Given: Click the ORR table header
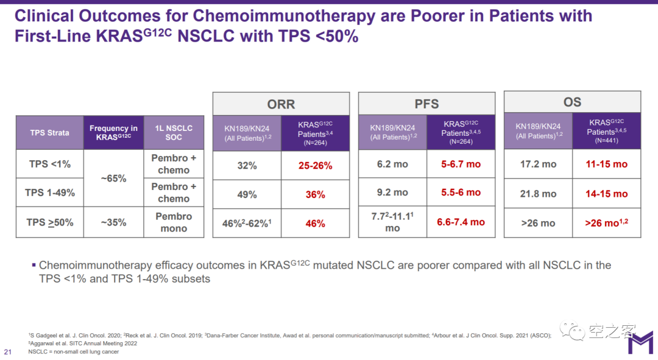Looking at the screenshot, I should click(x=281, y=104).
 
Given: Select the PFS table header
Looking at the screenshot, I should click(x=426, y=104).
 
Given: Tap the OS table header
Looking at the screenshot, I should click(x=572, y=102).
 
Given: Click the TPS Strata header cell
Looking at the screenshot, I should click(x=50, y=133).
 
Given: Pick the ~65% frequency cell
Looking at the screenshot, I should click(x=113, y=178).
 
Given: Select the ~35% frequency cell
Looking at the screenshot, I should click(x=113, y=222).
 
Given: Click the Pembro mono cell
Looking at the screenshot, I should click(x=174, y=222).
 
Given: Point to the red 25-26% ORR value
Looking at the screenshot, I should click(x=315, y=166).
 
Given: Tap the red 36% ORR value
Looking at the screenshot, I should click(x=315, y=195).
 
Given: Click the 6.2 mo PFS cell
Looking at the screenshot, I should click(x=392, y=164).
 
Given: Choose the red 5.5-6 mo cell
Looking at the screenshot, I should click(x=461, y=192).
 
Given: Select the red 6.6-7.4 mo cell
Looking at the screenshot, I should click(x=461, y=222).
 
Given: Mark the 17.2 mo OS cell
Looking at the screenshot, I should click(x=538, y=164).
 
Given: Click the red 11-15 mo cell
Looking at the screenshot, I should click(x=606, y=164).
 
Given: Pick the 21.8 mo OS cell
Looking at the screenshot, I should click(x=538, y=194).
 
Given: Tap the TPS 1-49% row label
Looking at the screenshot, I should click(x=50, y=192).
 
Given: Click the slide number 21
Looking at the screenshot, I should click(x=8, y=352).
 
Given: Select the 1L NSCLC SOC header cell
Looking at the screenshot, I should click(x=174, y=133).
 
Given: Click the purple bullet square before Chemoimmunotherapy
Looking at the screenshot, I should click(x=34, y=265).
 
